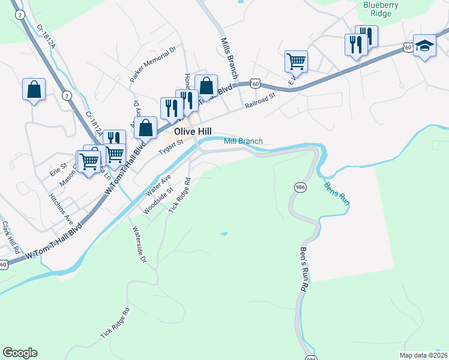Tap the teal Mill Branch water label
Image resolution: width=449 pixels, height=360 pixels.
tap(243, 142)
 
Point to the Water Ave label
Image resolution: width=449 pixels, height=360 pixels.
tap(158, 185)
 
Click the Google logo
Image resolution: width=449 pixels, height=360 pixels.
tap(20, 353)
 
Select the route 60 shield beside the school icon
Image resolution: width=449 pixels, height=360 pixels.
tap(408, 47)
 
